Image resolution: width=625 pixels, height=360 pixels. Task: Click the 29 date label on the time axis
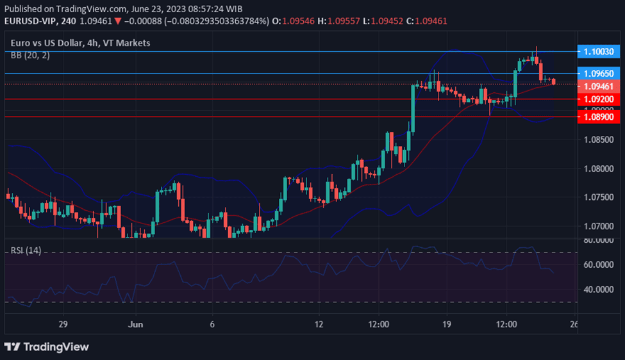[62, 325]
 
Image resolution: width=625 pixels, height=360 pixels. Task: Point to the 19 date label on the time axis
[447, 325]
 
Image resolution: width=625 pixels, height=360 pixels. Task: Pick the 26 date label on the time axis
[573, 325]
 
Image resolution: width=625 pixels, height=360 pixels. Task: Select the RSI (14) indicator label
[26, 250]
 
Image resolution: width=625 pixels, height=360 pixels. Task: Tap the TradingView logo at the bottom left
[47, 347]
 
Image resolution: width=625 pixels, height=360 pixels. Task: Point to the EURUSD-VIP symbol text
[29, 20]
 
